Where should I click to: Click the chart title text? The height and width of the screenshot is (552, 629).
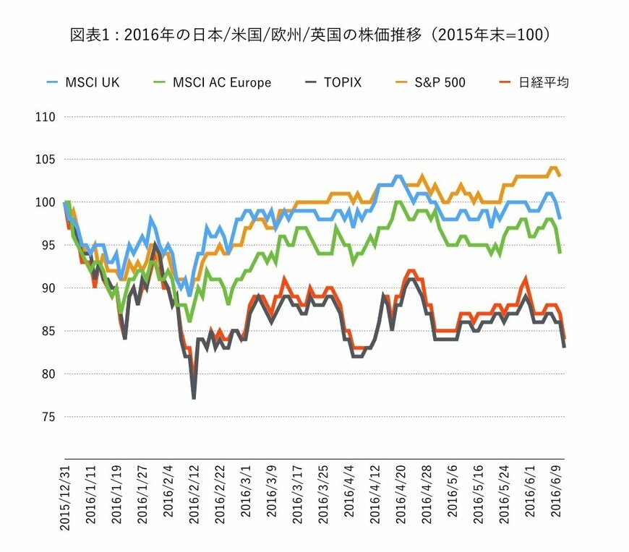315,34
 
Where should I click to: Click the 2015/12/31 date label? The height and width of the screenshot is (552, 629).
64,498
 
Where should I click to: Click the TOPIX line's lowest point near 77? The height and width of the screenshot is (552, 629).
194,398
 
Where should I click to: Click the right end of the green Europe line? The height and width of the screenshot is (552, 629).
560,253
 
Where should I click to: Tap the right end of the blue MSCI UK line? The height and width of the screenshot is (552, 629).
560,218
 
